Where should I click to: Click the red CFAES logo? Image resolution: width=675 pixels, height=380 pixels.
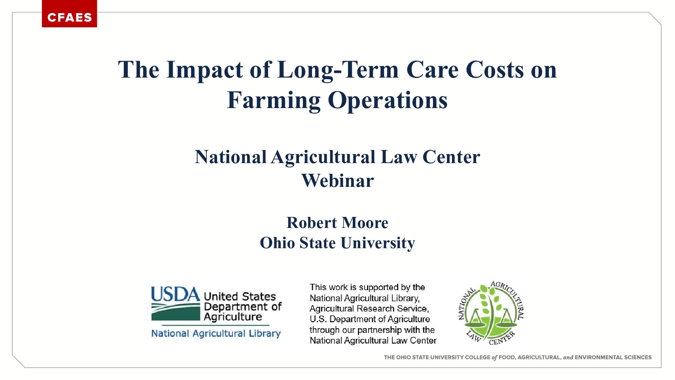(x=69, y=13)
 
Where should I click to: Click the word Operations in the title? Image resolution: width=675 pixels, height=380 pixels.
(x=388, y=101)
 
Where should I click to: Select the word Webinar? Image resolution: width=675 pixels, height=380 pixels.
(x=338, y=180)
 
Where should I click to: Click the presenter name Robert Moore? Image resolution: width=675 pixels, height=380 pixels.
(x=337, y=222)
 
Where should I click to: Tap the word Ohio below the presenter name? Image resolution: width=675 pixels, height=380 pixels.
(x=277, y=243)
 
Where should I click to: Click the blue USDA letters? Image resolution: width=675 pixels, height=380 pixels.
(x=176, y=294)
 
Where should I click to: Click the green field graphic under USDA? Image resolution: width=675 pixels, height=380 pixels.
(x=176, y=312)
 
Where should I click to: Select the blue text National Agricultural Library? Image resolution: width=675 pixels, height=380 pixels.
(x=216, y=334)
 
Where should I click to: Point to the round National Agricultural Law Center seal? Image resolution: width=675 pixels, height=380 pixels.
(x=491, y=313)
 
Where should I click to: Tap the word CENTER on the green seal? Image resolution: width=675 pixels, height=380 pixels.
(x=502, y=339)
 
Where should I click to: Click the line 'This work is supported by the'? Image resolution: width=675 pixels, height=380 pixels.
(x=367, y=287)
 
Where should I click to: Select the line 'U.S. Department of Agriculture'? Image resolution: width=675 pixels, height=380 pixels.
(x=370, y=319)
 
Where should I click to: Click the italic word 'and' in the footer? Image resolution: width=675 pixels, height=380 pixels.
(x=568, y=357)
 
